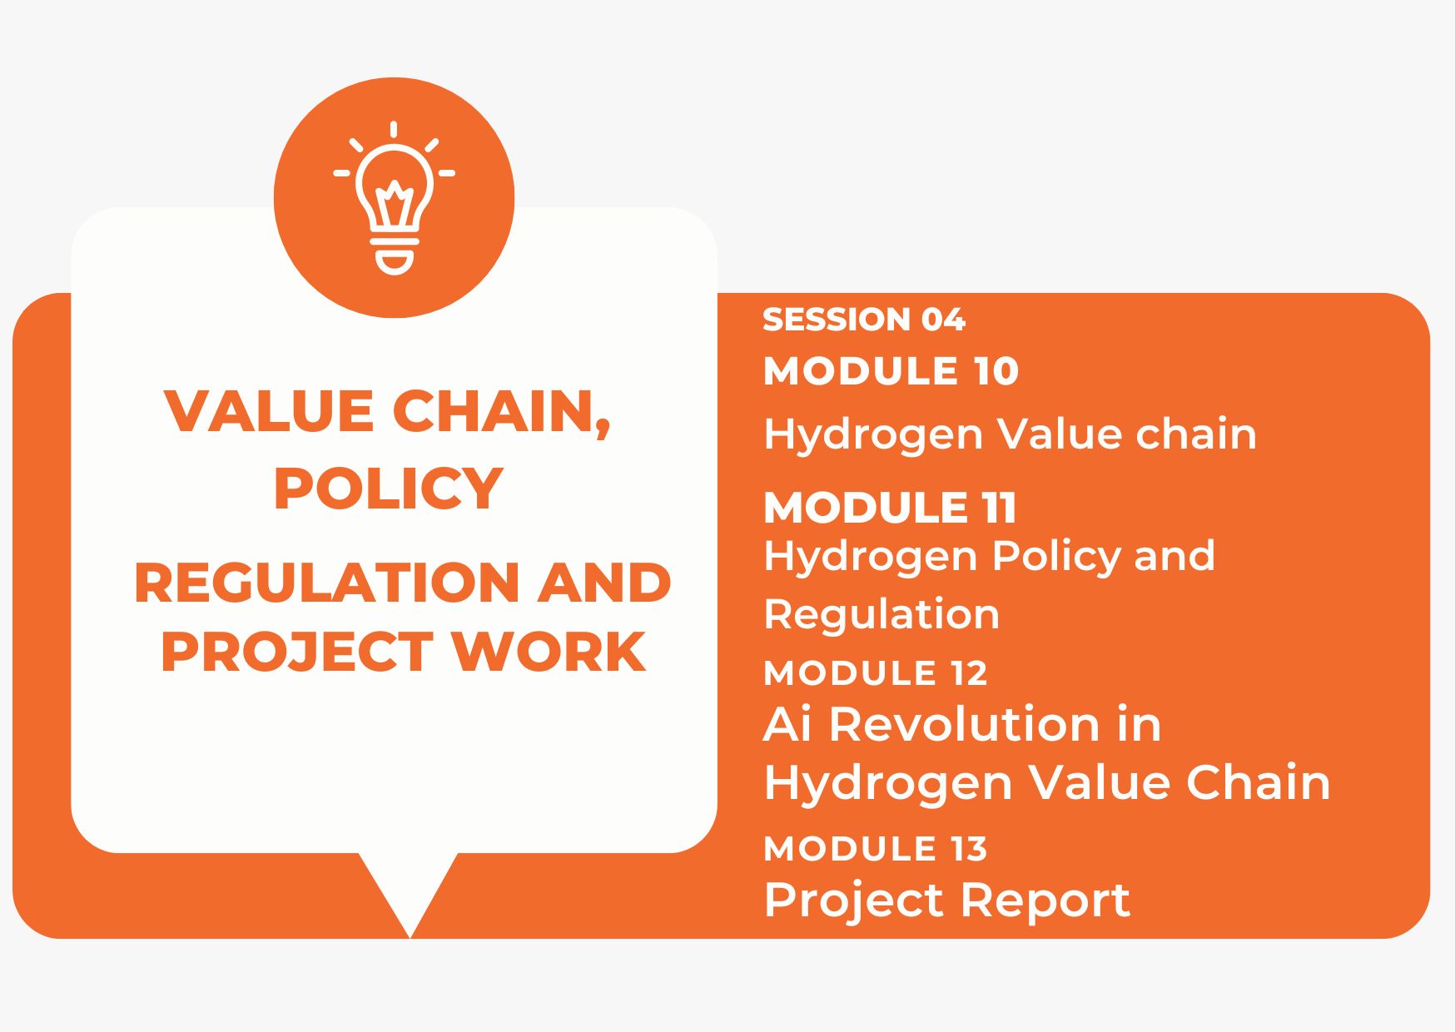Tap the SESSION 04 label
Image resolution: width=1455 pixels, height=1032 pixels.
pyautogui.click(x=863, y=320)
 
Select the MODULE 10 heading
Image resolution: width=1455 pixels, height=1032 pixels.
pyautogui.click(x=891, y=371)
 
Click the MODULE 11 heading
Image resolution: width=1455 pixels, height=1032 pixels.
pyautogui.click(x=890, y=508)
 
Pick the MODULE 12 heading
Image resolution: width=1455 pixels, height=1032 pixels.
pyautogui.click(x=875, y=673)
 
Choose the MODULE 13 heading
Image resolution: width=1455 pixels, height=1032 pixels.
pyautogui.click(x=875, y=849)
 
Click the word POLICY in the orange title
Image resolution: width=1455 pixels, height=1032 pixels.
pyautogui.click(x=388, y=489)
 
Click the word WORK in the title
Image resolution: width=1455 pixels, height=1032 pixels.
pyautogui.click(x=549, y=652)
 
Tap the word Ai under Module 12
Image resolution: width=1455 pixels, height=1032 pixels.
pyautogui.click(x=787, y=724)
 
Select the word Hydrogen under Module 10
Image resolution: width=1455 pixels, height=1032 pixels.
pyautogui.click(x=872, y=435)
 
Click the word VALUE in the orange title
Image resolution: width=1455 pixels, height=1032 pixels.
pyautogui.click(x=269, y=411)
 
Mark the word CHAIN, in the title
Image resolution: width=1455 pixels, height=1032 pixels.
pyautogui.click(x=501, y=411)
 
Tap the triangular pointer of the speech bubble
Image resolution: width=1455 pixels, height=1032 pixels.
pyautogui.click(x=410, y=891)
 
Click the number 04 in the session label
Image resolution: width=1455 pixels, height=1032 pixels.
pyautogui.click(x=943, y=320)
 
